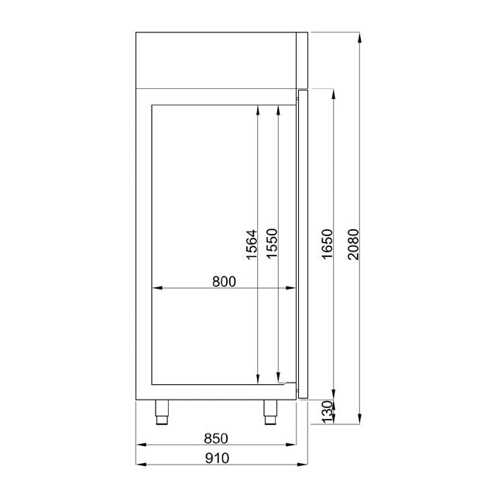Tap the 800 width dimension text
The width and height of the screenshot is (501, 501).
pos(223,282)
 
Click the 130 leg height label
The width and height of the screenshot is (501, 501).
pos(327,410)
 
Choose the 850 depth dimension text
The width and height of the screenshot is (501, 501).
pos(217,439)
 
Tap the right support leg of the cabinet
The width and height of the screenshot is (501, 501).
pos(270,411)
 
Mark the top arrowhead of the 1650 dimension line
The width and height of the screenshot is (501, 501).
pos(333,93)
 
